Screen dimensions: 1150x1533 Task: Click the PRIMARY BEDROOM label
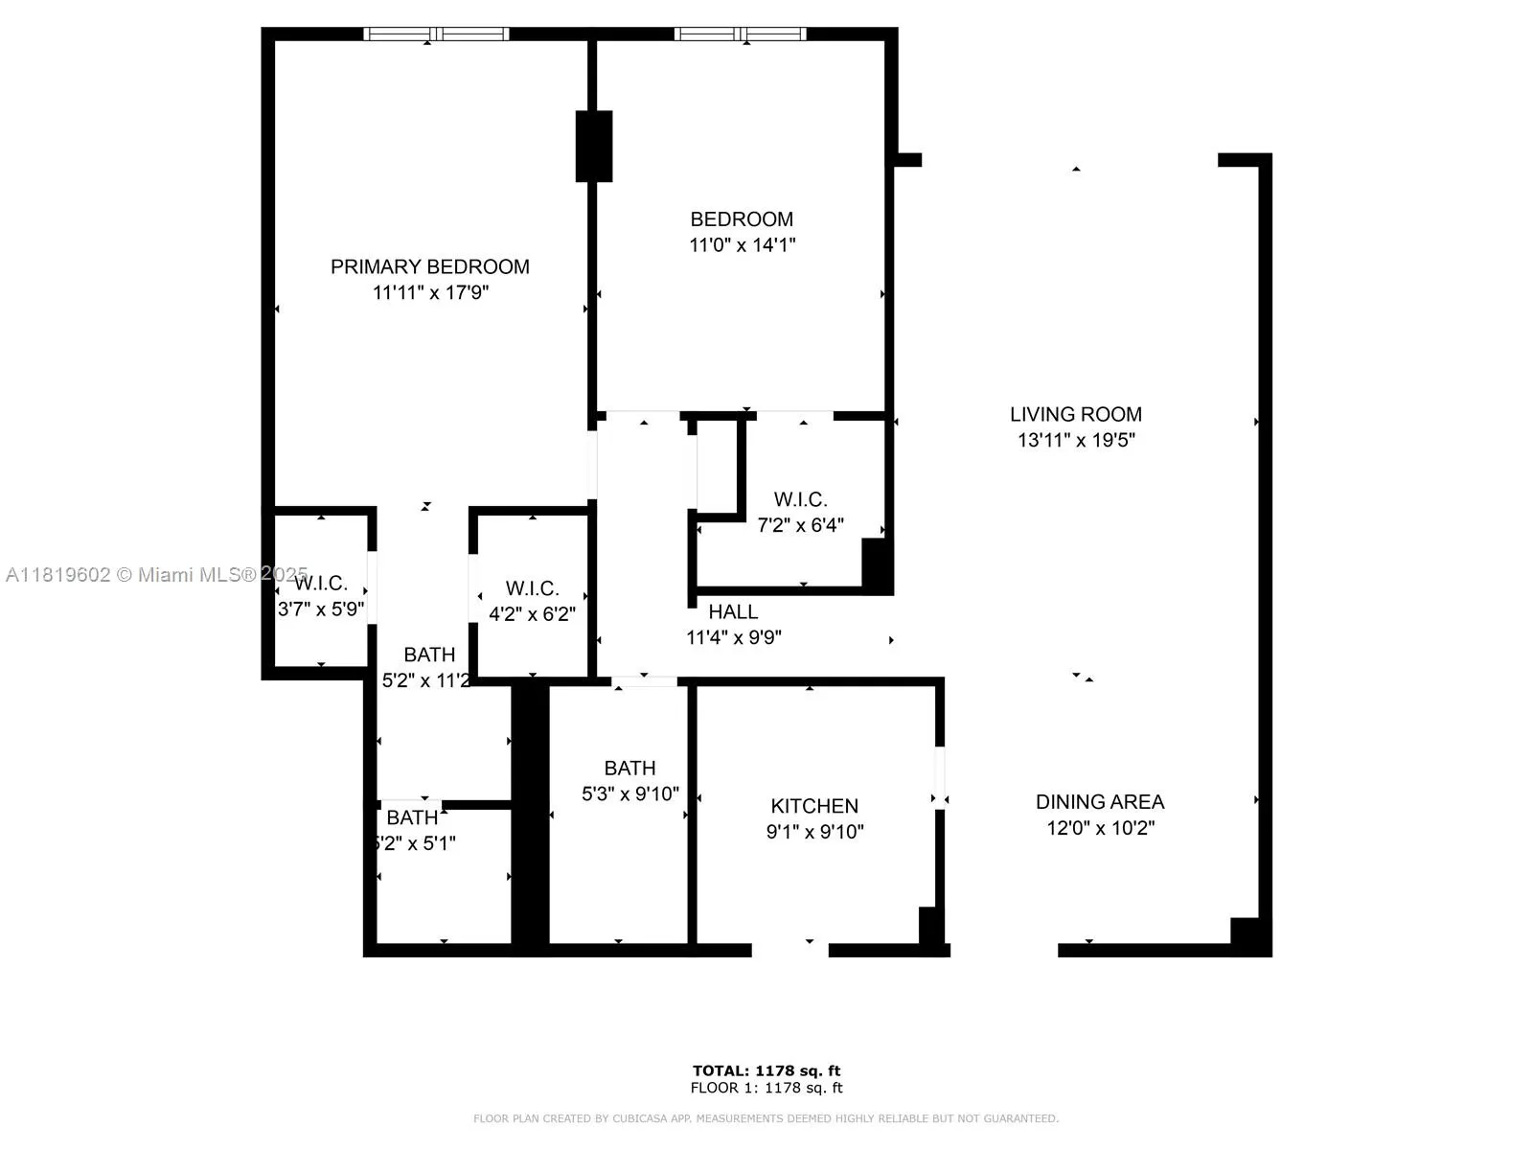[x=430, y=266]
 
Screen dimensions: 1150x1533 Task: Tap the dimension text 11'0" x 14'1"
[x=743, y=244]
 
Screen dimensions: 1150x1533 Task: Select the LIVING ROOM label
[x=1075, y=414]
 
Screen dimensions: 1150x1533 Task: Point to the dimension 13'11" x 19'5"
[x=1076, y=440]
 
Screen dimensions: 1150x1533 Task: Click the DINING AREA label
[x=1099, y=801]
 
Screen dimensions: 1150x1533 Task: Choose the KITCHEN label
[x=814, y=806]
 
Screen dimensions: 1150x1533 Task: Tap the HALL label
[x=733, y=611]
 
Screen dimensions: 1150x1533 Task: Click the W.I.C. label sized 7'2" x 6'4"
[x=800, y=499]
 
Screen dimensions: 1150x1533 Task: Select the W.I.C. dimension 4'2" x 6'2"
[x=532, y=614]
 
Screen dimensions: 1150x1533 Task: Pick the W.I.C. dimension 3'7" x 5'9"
[x=321, y=609]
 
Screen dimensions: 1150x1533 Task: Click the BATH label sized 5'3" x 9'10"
[x=629, y=768]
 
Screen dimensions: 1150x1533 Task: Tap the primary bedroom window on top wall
[x=436, y=34]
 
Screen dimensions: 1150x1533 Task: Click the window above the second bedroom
[x=740, y=34]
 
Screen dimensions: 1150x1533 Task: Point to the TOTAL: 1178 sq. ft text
[x=766, y=1070]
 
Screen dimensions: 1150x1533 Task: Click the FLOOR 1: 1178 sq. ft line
[x=766, y=1088]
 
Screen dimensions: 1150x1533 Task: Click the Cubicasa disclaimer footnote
[x=766, y=1118]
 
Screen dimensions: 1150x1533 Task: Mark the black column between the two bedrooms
[x=593, y=147]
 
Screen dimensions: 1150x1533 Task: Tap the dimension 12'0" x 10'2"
[x=1100, y=828]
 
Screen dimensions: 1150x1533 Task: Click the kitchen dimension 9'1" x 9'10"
[x=814, y=832]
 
